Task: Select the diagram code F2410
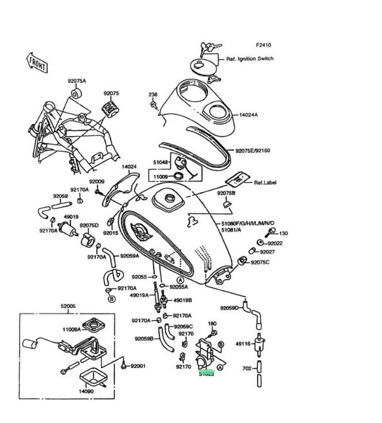(x=263, y=45)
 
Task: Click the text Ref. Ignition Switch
(x=250, y=59)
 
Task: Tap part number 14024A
(x=249, y=115)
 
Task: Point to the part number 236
(x=153, y=94)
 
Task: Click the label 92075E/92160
(x=252, y=151)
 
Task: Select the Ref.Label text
(x=265, y=183)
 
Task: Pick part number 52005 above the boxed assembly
(x=68, y=306)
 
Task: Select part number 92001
(x=138, y=367)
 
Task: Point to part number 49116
(x=243, y=344)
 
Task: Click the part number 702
(x=247, y=369)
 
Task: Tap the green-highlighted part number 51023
(x=207, y=373)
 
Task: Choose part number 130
(x=283, y=233)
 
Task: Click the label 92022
(x=275, y=244)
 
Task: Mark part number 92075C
(x=261, y=262)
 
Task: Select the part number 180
(x=212, y=323)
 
